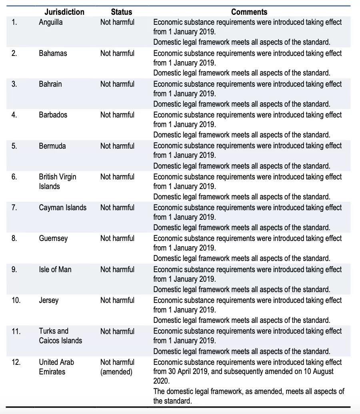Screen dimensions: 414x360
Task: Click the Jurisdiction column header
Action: [x=64, y=12]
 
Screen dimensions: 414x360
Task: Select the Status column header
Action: [x=121, y=12]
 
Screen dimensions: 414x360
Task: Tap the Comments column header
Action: [x=249, y=12]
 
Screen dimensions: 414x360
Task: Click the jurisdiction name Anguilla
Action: [x=51, y=22]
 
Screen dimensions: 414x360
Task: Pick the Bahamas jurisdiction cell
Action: [x=53, y=53]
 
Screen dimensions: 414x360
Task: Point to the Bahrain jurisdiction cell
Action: [x=50, y=84]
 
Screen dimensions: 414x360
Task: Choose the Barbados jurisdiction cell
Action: [x=53, y=115]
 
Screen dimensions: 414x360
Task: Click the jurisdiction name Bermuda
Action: [x=52, y=146]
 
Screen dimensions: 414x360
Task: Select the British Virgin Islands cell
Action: [x=57, y=181]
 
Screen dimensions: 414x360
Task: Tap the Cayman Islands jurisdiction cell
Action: [x=62, y=207]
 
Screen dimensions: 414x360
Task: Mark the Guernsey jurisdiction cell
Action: [x=53, y=238]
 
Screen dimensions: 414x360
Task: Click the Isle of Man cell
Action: [x=55, y=269]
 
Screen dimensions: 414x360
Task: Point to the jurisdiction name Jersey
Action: [x=48, y=300]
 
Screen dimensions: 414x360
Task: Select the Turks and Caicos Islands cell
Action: [x=60, y=336]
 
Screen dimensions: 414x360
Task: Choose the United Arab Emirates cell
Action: [x=56, y=367]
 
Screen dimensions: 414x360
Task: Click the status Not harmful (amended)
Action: [x=117, y=367]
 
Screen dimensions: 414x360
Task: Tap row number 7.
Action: [x=14, y=207]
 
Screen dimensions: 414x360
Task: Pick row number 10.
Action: [x=16, y=300]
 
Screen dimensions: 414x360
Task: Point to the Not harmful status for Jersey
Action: [x=117, y=300]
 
